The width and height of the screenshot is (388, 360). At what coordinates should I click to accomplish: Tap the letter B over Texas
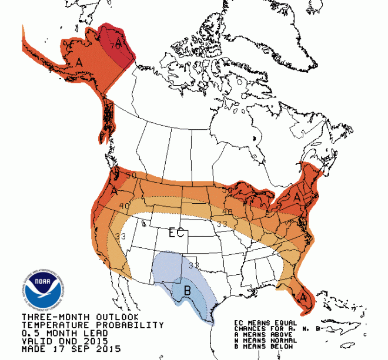pyautogui.click(x=187, y=290)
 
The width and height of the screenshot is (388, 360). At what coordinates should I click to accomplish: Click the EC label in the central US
pyautogui.click(x=177, y=233)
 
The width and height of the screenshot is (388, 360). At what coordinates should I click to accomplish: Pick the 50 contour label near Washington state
pyautogui.click(x=130, y=176)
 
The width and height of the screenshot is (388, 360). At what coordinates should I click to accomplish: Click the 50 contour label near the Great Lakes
pyautogui.click(x=228, y=189)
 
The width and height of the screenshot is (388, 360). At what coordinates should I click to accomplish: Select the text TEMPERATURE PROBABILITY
pyautogui.click(x=92, y=325)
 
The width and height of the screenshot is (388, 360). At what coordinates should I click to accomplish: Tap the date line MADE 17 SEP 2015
pyautogui.click(x=70, y=349)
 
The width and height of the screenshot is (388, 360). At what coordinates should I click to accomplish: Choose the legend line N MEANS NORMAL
pyautogui.click(x=264, y=339)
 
